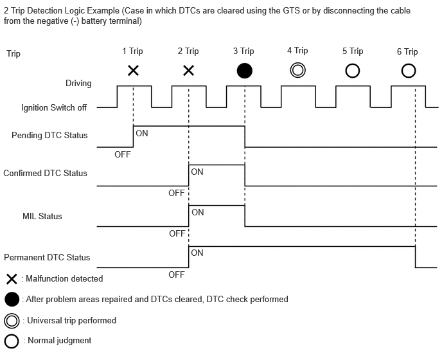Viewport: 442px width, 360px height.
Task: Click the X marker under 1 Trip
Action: click(133, 71)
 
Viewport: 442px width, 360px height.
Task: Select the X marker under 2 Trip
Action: click(189, 71)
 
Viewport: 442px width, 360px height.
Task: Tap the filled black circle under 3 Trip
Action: click(244, 71)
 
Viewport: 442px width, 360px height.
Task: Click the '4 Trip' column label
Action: click(297, 51)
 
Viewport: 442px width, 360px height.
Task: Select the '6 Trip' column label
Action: click(407, 51)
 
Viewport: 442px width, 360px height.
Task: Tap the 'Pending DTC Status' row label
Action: click(49, 135)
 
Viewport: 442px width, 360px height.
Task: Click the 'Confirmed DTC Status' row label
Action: click(45, 173)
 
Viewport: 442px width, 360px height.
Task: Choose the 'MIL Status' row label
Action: click(42, 217)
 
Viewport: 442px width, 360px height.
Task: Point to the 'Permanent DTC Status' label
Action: click(47, 257)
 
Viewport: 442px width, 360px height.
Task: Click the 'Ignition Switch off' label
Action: click(54, 107)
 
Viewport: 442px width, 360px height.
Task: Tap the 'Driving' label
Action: click(78, 83)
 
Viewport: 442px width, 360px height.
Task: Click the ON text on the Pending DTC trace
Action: click(142, 133)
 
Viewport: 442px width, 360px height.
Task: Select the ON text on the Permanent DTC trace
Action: click(197, 253)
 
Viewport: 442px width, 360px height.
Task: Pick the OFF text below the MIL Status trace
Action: click(177, 233)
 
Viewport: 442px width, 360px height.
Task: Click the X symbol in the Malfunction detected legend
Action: click(12, 279)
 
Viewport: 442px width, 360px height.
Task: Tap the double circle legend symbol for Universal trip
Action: click(12, 321)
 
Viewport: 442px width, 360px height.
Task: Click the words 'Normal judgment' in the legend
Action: click(60, 341)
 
